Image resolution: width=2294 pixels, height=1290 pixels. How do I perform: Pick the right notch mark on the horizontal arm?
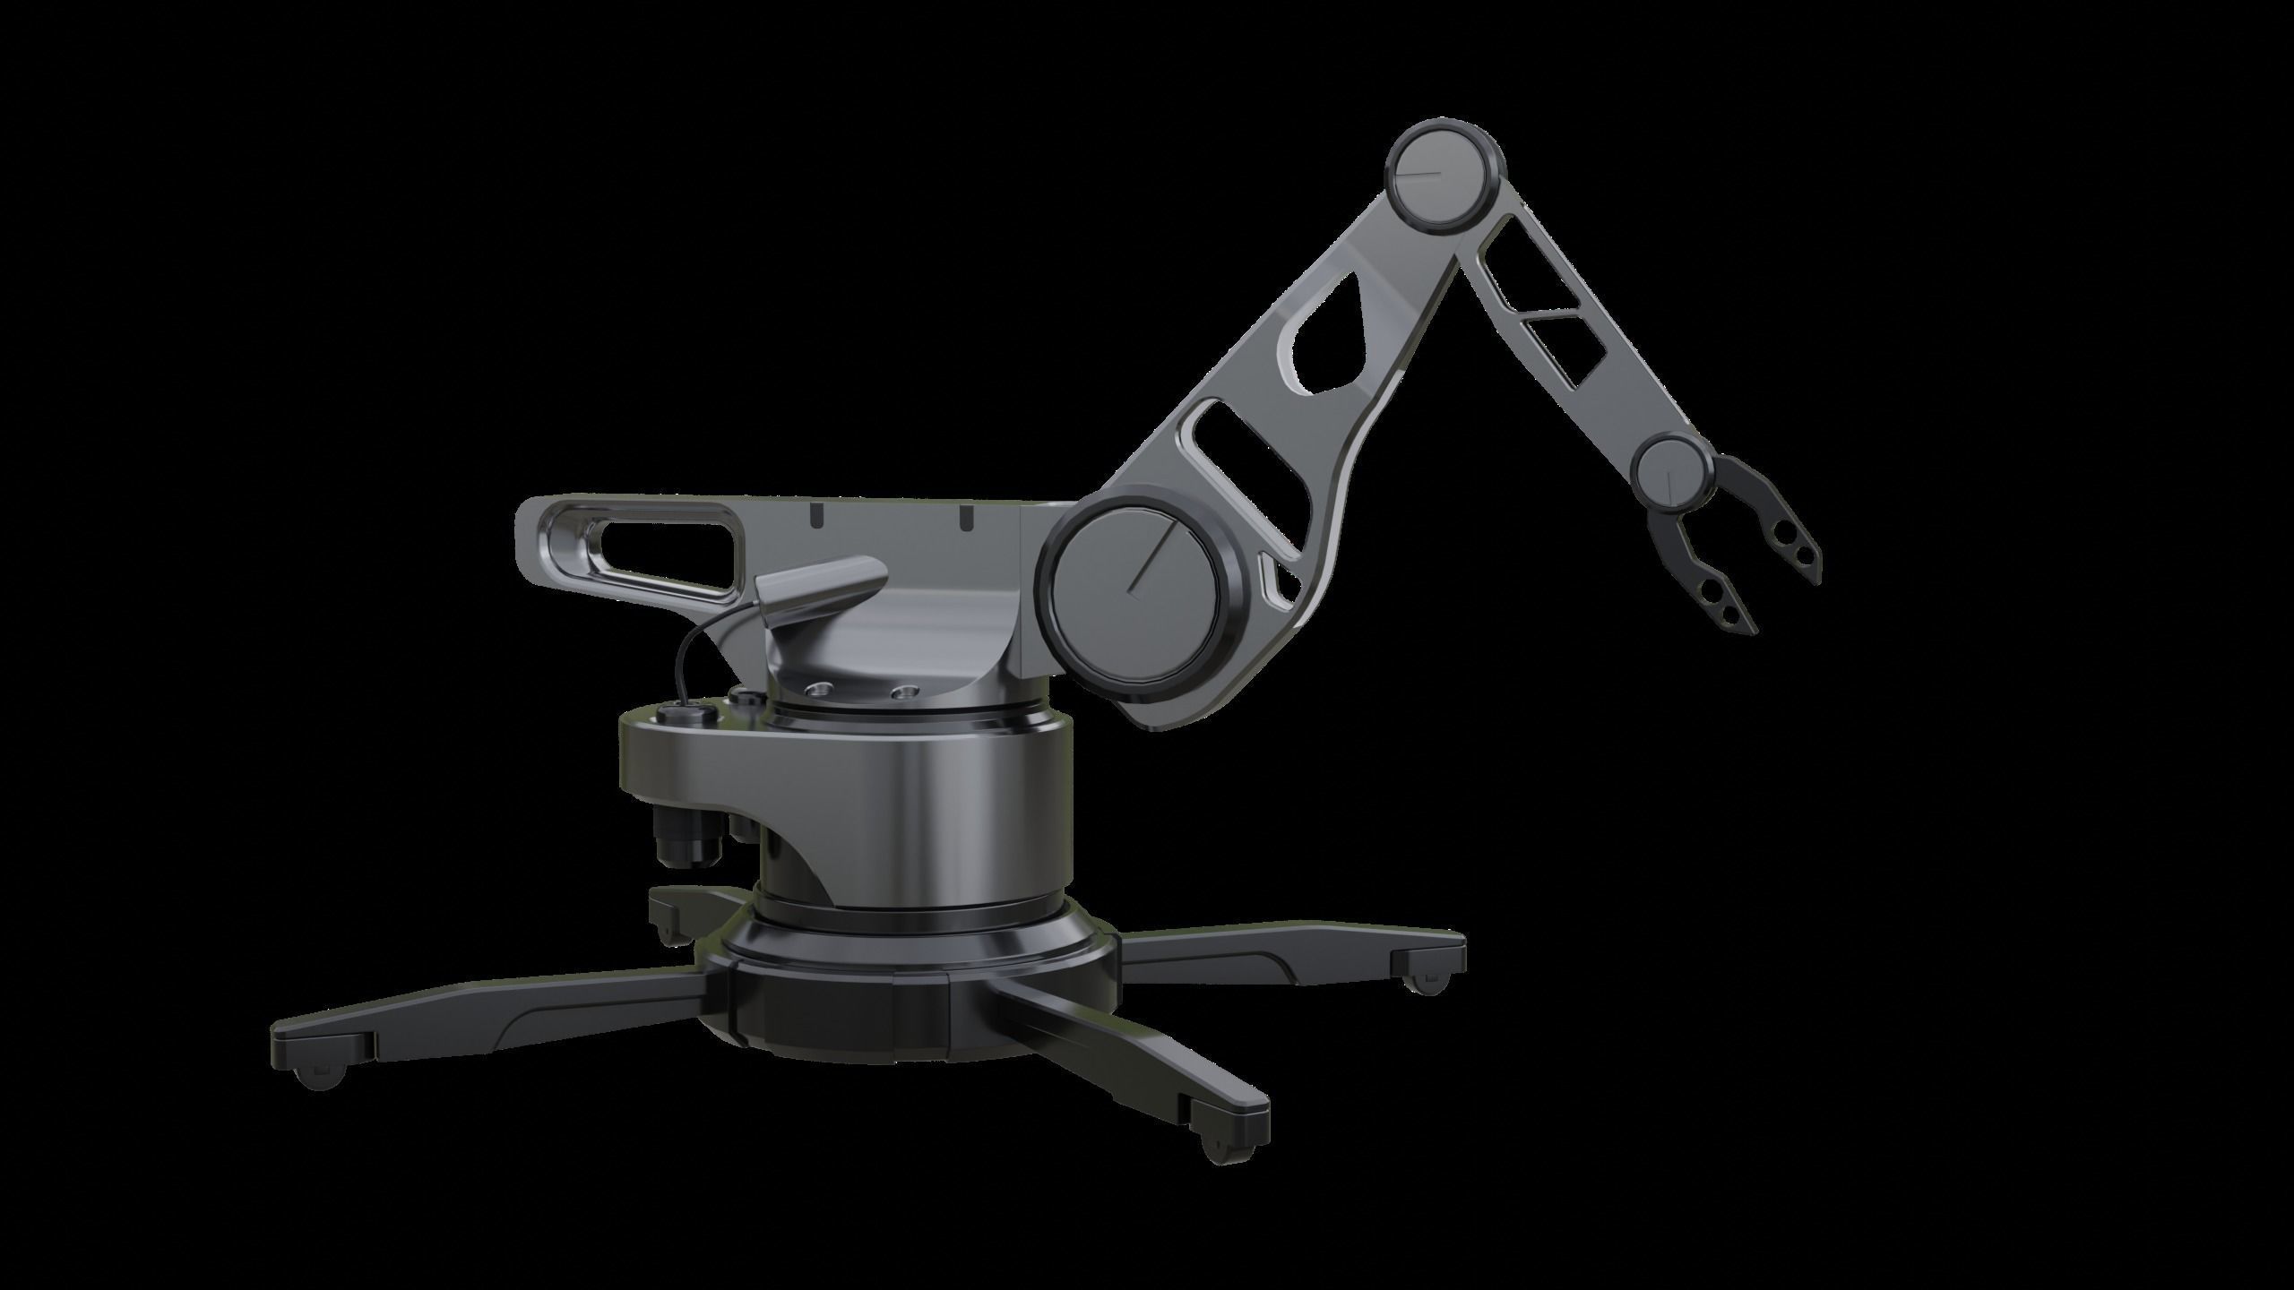tap(965, 517)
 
